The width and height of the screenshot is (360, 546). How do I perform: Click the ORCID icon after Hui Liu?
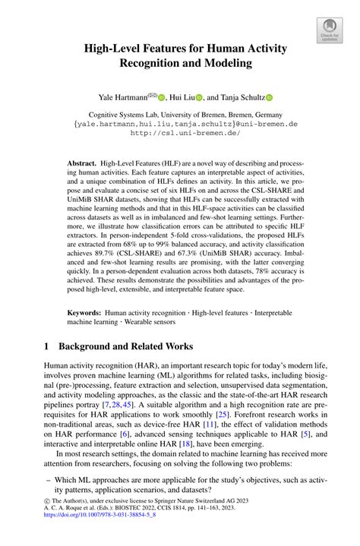[200, 98]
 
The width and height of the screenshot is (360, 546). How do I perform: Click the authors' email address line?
[179, 122]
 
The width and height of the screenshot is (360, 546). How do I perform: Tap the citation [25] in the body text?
[223, 415]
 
